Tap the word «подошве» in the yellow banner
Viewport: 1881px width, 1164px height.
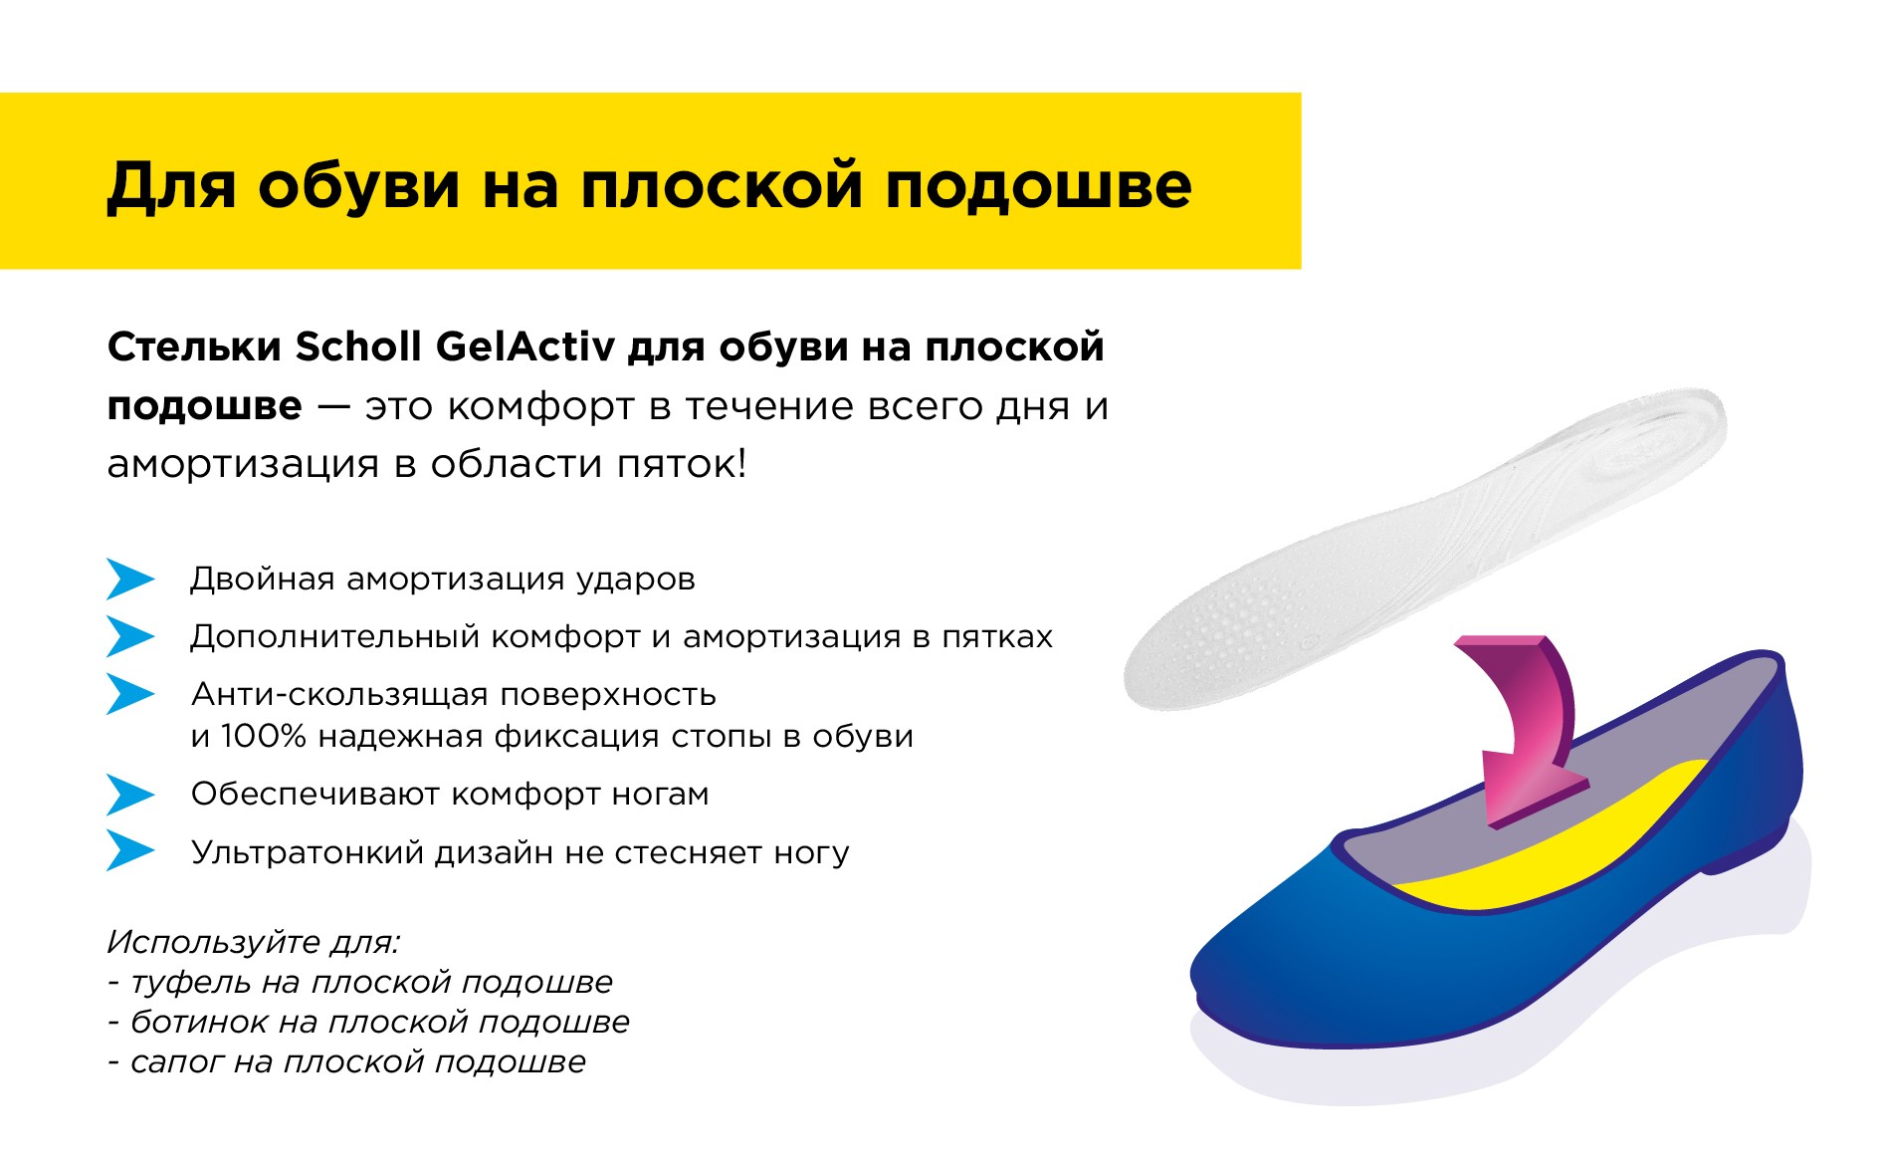[x=1038, y=185]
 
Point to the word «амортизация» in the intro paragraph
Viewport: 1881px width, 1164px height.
[x=239, y=465]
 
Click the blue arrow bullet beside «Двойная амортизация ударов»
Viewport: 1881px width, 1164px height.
[x=130, y=579]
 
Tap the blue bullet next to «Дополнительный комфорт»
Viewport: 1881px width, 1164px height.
[x=130, y=636]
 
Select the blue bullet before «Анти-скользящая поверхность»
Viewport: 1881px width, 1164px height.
[x=130, y=694]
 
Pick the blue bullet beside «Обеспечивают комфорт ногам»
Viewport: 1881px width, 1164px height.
[x=130, y=795]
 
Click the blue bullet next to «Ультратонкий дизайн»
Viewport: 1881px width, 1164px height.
[x=130, y=851]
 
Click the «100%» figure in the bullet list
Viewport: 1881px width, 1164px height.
[x=263, y=737]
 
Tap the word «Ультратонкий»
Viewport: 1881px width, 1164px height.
[x=308, y=853]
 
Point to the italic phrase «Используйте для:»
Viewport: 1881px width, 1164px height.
[x=254, y=943]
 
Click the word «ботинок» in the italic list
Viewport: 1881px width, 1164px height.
[x=199, y=1023]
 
